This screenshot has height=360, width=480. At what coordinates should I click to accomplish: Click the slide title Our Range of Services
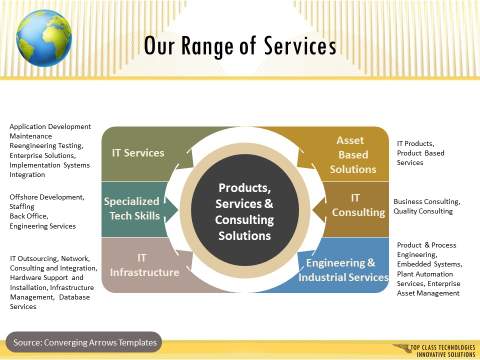(x=239, y=47)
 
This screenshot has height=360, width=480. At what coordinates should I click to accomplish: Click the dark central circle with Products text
(x=245, y=212)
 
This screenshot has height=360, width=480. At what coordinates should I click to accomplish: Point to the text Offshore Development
(x=44, y=196)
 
